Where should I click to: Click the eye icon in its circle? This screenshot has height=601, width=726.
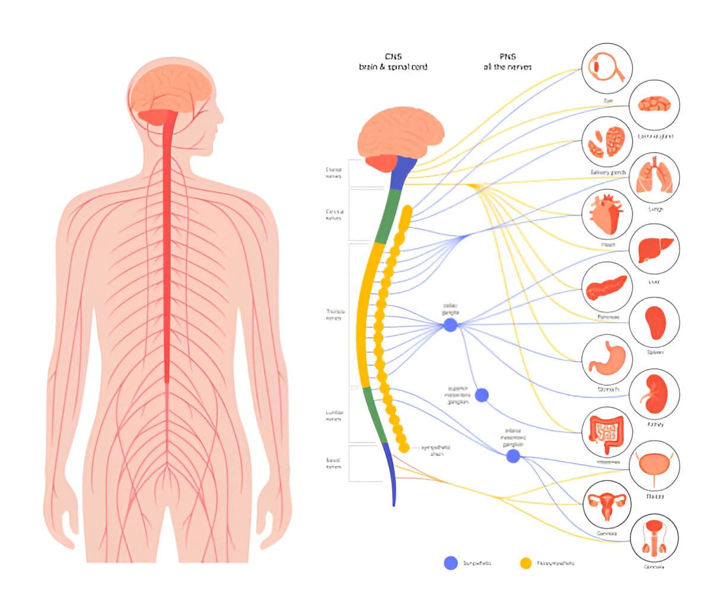tap(607, 67)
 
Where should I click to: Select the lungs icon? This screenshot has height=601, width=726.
tap(654, 177)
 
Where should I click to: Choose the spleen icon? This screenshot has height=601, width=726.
tap(654, 321)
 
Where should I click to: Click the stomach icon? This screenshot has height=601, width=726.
tap(606, 359)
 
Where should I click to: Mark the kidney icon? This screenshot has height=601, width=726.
tap(654, 394)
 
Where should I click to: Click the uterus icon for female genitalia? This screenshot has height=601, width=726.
tap(606, 504)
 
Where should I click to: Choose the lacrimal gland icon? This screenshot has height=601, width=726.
tap(654, 105)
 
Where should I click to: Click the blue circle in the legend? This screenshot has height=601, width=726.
tap(451, 563)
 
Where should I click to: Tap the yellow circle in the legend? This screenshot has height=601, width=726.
tap(526, 563)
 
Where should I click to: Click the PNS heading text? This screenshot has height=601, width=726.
tap(507, 57)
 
